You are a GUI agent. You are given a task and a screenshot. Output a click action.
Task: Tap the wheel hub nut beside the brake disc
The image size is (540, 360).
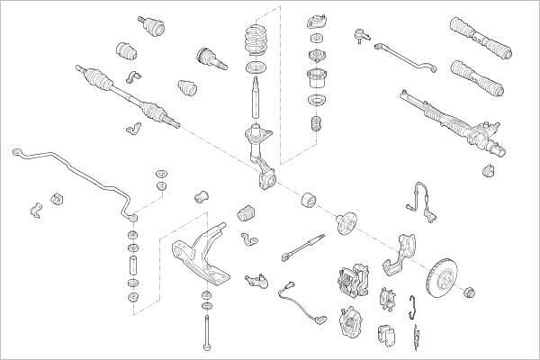click(x=469, y=292)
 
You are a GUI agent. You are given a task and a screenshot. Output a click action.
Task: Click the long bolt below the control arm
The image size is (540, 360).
click(x=207, y=325)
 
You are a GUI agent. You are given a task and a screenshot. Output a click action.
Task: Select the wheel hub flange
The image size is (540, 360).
click(x=346, y=221)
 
